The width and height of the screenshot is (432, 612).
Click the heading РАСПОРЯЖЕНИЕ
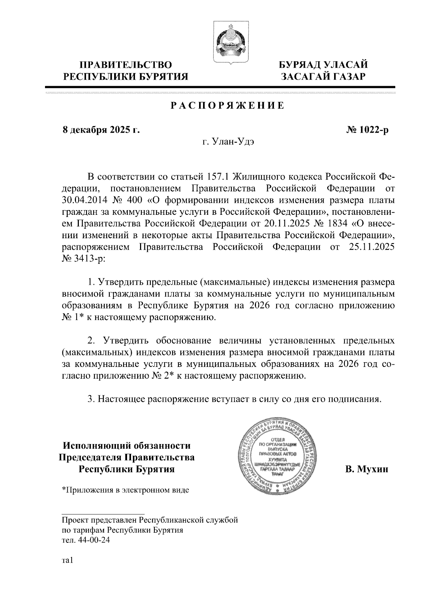[x=227, y=106]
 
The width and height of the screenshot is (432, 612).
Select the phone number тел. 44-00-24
[x=86, y=541]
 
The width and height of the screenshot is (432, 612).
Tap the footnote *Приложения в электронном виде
[x=125, y=490]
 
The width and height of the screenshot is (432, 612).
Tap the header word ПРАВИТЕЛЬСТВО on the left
[x=126, y=65]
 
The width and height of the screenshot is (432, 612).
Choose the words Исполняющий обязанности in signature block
[x=126, y=446]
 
